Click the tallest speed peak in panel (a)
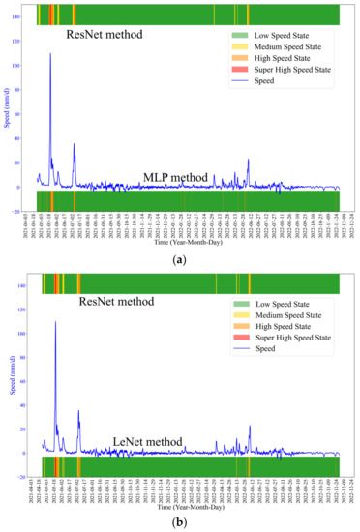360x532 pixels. pos(50,54)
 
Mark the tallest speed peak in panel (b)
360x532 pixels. pos(55,322)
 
